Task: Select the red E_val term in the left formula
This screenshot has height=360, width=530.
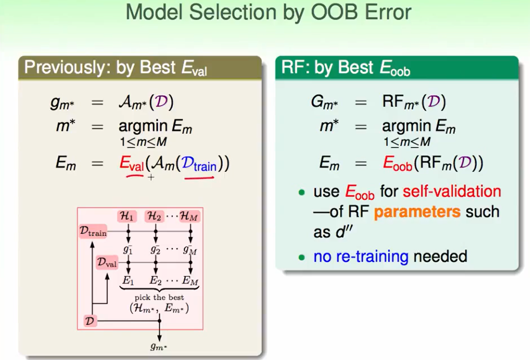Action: pyautogui.click(x=131, y=163)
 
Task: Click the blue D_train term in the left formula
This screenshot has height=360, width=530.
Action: pyautogui.click(x=199, y=163)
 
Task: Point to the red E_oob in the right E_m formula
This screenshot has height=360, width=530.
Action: pyautogui.click(x=397, y=163)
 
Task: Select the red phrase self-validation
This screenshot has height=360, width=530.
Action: pyautogui.click(x=452, y=191)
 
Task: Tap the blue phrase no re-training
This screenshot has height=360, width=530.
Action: pyautogui.click(x=361, y=256)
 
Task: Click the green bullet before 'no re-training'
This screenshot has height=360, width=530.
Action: pyautogui.click(x=302, y=257)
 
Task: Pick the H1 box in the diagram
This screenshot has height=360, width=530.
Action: pyautogui.click(x=127, y=216)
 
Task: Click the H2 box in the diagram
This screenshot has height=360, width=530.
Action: pyautogui.click(x=154, y=216)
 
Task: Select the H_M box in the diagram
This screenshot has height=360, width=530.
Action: pyautogui.click(x=189, y=216)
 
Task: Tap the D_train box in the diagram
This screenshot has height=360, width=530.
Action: pyautogui.click(x=93, y=231)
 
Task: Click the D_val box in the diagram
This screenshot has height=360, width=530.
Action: pyautogui.click(x=107, y=262)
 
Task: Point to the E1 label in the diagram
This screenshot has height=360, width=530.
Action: pyautogui.click(x=128, y=281)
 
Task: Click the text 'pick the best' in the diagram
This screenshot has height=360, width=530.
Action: pyautogui.click(x=159, y=297)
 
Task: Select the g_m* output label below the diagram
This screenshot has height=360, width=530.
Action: pyautogui.click(x=159, y=347)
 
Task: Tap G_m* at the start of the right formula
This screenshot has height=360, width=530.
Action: pyautogui.click(x=324, y=102)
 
